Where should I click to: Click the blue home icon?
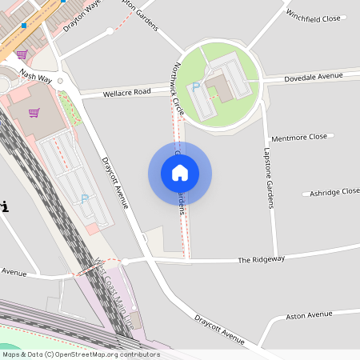[x=180, y=173]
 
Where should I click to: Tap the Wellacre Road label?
[x=127, y=93]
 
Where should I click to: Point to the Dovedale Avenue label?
[x=314, y=77]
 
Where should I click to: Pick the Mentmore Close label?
[x=299, y=138]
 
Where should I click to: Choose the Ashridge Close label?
[x=334, y=192]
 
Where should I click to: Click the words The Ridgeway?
[x=261, y=260]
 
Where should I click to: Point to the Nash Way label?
[x=35, y=77]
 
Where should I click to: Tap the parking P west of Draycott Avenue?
[x=85, y=199]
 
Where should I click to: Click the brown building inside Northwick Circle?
[x=219, y=87]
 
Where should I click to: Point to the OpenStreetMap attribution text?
[x=81, y=354]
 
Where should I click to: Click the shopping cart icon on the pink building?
[x=34, y=112]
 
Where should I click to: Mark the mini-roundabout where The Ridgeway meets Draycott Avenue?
[x=125, y=262]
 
